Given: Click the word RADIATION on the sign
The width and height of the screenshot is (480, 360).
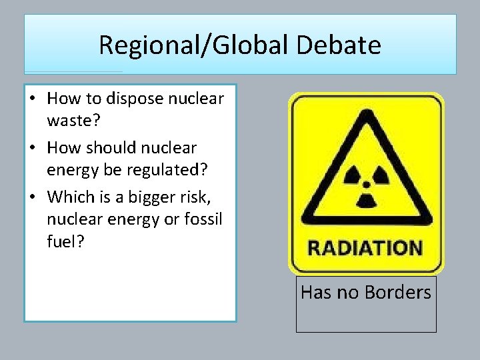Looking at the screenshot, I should (x=365, y=249).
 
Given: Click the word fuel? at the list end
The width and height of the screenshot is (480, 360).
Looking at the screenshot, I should (x=65, y=241).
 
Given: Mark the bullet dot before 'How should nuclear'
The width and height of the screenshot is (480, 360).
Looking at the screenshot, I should (x=32, y=148).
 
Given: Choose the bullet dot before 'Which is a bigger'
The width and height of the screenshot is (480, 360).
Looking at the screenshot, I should (x=32, y=197).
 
